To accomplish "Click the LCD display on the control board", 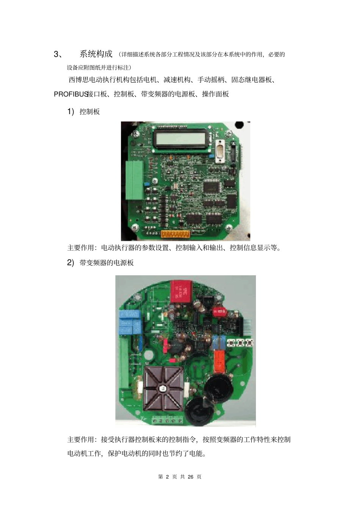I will point(180,138).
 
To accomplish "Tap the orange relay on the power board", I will point(219,360).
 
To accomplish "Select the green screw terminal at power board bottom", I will point(167,421).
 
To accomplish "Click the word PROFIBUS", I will point(71,94).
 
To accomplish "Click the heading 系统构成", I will point(96,54).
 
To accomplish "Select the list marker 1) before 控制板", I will point(70,111).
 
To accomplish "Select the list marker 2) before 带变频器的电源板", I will point(70,263).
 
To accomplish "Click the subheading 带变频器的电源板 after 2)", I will point(106,263).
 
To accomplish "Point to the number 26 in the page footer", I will point(191,477).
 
